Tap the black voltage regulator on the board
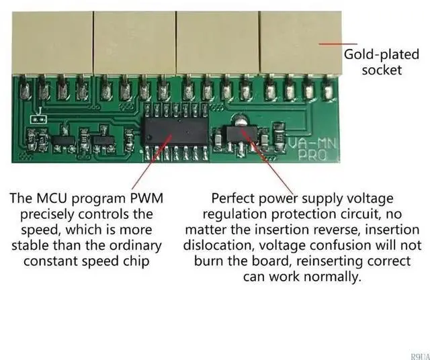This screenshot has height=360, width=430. point(232,134)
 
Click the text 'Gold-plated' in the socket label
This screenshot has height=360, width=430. point(372,56)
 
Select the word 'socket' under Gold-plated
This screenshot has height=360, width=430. point(381,71)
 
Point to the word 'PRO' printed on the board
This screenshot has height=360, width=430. point(312,154)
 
